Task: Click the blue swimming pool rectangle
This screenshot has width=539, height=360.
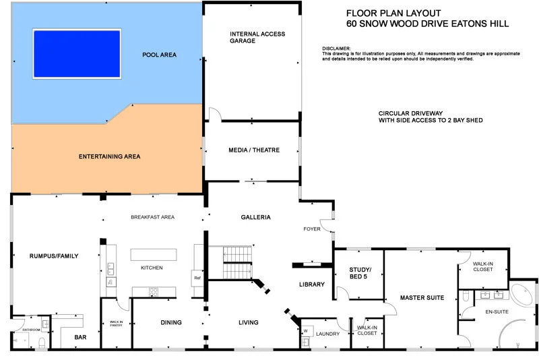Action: click(x=77, y=52)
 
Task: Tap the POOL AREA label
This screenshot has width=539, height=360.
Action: click(x=159, y=55)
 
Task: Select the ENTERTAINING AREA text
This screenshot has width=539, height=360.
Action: click(x=109, y=156)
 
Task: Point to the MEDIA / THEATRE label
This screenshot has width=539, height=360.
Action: click(x=255, y=150)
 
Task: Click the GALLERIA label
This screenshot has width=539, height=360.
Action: click(x=255, y=217)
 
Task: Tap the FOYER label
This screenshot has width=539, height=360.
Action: click(x=312, y=229)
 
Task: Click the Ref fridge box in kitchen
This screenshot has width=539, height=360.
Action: click(x=197, y=278)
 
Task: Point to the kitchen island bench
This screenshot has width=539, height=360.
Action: click(x=154, y=254)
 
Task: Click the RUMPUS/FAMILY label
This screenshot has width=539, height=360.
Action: click(x=54, y=256)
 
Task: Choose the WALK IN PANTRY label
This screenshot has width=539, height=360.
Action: click(x=116, y=325)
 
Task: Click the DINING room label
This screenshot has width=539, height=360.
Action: click(x=171, y=322)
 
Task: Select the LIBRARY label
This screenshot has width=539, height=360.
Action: click(x=312, y=284)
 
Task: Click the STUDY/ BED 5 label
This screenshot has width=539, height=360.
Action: click(x=360, y=272)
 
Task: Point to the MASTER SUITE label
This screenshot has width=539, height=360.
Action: click(x=422, y=297)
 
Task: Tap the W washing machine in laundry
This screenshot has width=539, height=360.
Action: click(x=305, y=331)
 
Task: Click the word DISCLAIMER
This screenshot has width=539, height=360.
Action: click(x=337, y=49)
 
